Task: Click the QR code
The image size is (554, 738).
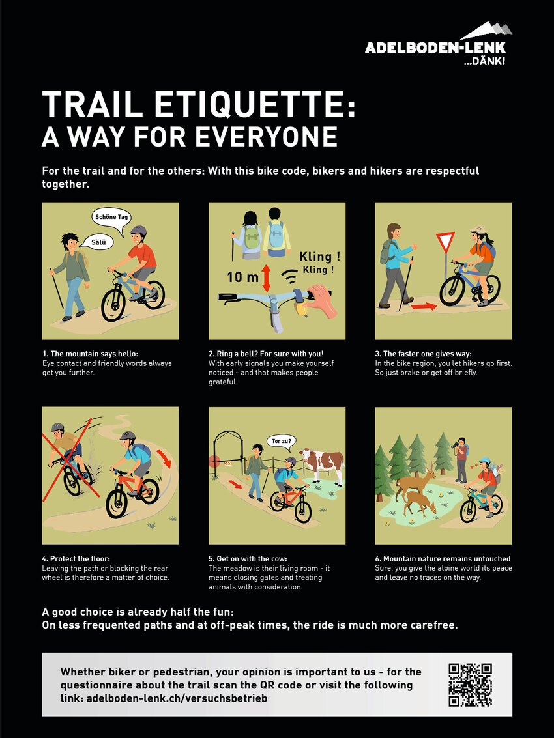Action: pos(470,685)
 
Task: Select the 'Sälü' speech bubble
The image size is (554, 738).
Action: pos(96,242)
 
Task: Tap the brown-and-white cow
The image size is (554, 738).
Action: pos(323,464)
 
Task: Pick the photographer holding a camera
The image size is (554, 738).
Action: pos(461,460)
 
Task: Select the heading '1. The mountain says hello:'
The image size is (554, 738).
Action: pos(91,354)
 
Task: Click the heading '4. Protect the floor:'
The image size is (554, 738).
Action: pos(76,559)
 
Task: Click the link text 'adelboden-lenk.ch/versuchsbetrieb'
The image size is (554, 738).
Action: pos(177,698)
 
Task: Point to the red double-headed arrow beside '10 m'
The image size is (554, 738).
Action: pos(266,277)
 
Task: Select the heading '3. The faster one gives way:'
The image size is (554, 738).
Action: pos(423,354)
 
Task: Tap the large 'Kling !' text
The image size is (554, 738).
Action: pos(319,257)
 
